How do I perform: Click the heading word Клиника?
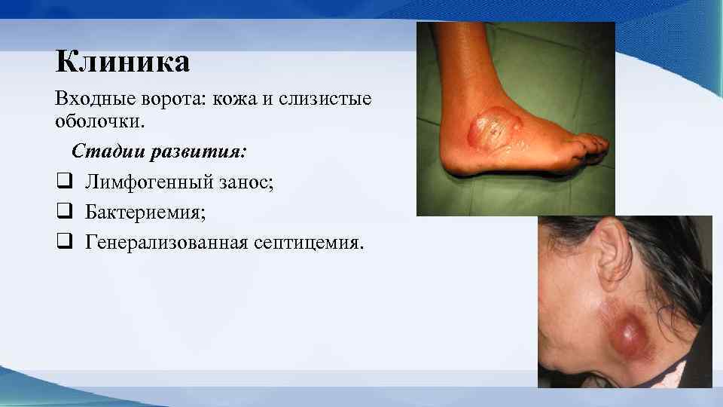coord(122,62)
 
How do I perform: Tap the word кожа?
coord(242,99)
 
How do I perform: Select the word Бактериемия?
coord(145,212)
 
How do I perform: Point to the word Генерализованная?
coord(165,242)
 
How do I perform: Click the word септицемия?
coord(311,242)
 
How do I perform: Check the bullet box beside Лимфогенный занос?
coord(63,182)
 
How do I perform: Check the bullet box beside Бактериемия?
coord(63,212)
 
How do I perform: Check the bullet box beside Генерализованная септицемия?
coord(63,242)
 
